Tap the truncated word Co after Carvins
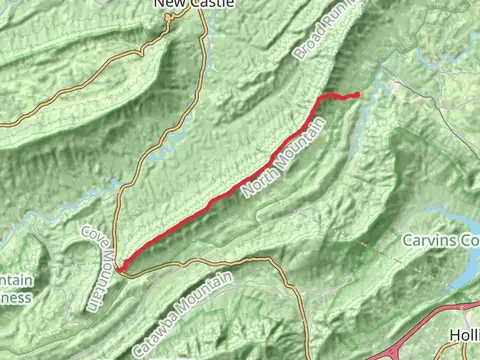[x=469, y=241]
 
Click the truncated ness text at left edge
[x=15, y=297]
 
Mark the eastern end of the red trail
[x=357, y=95]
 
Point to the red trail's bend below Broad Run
[x=323, y=97]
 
